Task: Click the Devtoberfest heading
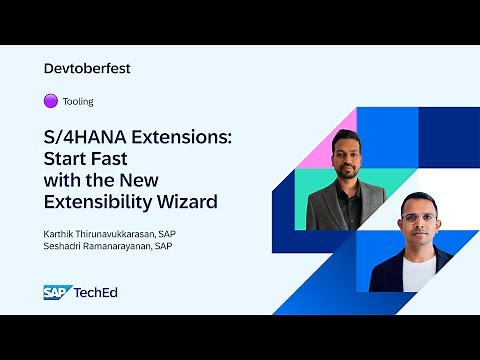coord(88,69)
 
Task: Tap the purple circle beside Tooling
coord(50,101)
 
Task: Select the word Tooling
coord(78,101)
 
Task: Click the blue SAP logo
coord(56,292)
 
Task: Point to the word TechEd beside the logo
coord(98,292)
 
